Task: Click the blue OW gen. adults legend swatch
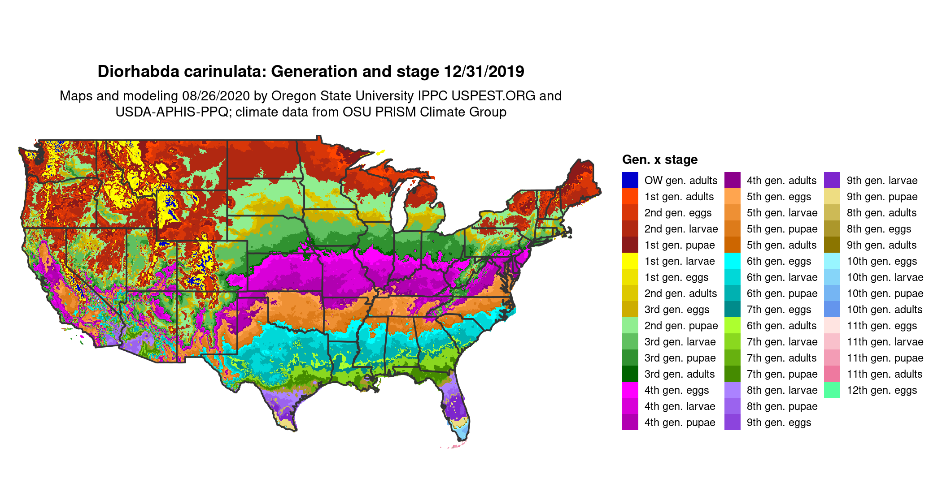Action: [630, 180]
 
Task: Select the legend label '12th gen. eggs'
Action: [881, 390]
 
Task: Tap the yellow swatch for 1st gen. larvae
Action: [630, 261]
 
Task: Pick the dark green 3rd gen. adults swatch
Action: [630, 374]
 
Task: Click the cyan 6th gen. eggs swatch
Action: [732, 261]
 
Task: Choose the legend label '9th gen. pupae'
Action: [882, 197]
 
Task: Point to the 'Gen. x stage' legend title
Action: [660, 159]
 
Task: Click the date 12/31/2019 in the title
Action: [484, 72]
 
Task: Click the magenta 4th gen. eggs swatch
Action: [630, 390]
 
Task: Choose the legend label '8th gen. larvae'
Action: [782, 390]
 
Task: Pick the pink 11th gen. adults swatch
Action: [832, 374]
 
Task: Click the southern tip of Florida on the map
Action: [464, 439]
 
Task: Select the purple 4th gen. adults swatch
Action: [732, 180]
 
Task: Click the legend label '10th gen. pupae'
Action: [885, 293]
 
